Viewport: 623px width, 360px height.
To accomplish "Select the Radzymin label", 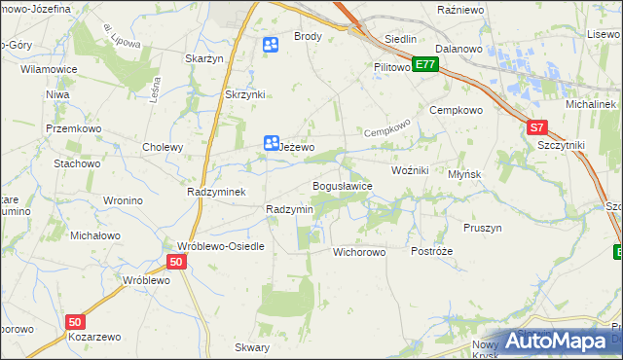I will coord(289,210).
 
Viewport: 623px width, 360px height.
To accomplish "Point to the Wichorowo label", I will coord(359,251).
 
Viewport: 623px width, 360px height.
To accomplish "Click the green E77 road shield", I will coord(425,64).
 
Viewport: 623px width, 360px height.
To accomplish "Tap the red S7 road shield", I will coord(537,127).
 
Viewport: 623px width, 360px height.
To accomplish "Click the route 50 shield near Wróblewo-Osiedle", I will coord(175,263).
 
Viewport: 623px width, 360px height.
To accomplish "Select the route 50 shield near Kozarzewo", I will coord(77,321).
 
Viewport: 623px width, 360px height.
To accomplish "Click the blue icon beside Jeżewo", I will coord(271,143).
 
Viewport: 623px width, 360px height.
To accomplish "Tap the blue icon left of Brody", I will coord(271,44).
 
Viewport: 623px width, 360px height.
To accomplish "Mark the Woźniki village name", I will coord(410,170).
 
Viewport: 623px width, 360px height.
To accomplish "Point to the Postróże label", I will coord(431,251).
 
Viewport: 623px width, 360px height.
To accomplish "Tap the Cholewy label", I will coord(163,148).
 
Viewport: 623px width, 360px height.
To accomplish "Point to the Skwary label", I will coord(252,347).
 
